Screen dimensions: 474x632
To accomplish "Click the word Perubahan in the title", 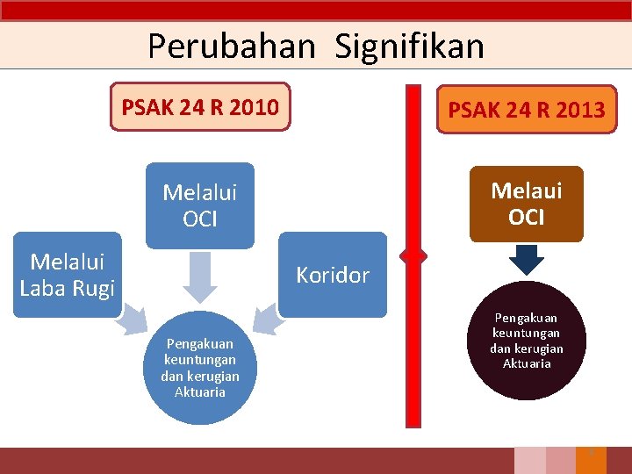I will [231, 46].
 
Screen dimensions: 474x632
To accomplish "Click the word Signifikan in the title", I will [409, 46].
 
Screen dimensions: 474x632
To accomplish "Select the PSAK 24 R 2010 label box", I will [200, 107].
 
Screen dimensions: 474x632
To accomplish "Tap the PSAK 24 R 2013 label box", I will [526, 110].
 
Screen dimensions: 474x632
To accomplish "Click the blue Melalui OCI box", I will [200, 205].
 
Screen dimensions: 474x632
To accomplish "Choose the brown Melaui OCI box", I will [526, 204].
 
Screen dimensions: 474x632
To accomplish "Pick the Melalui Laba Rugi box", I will [67, 274].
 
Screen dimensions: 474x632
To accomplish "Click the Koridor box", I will [333, 275].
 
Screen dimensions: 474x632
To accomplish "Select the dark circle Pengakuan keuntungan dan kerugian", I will [527, 341].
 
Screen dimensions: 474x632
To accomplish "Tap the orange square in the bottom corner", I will [591, 460].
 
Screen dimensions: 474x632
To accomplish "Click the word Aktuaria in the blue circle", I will [200, 392].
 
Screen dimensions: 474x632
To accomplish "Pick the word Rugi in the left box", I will [92, 287].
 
